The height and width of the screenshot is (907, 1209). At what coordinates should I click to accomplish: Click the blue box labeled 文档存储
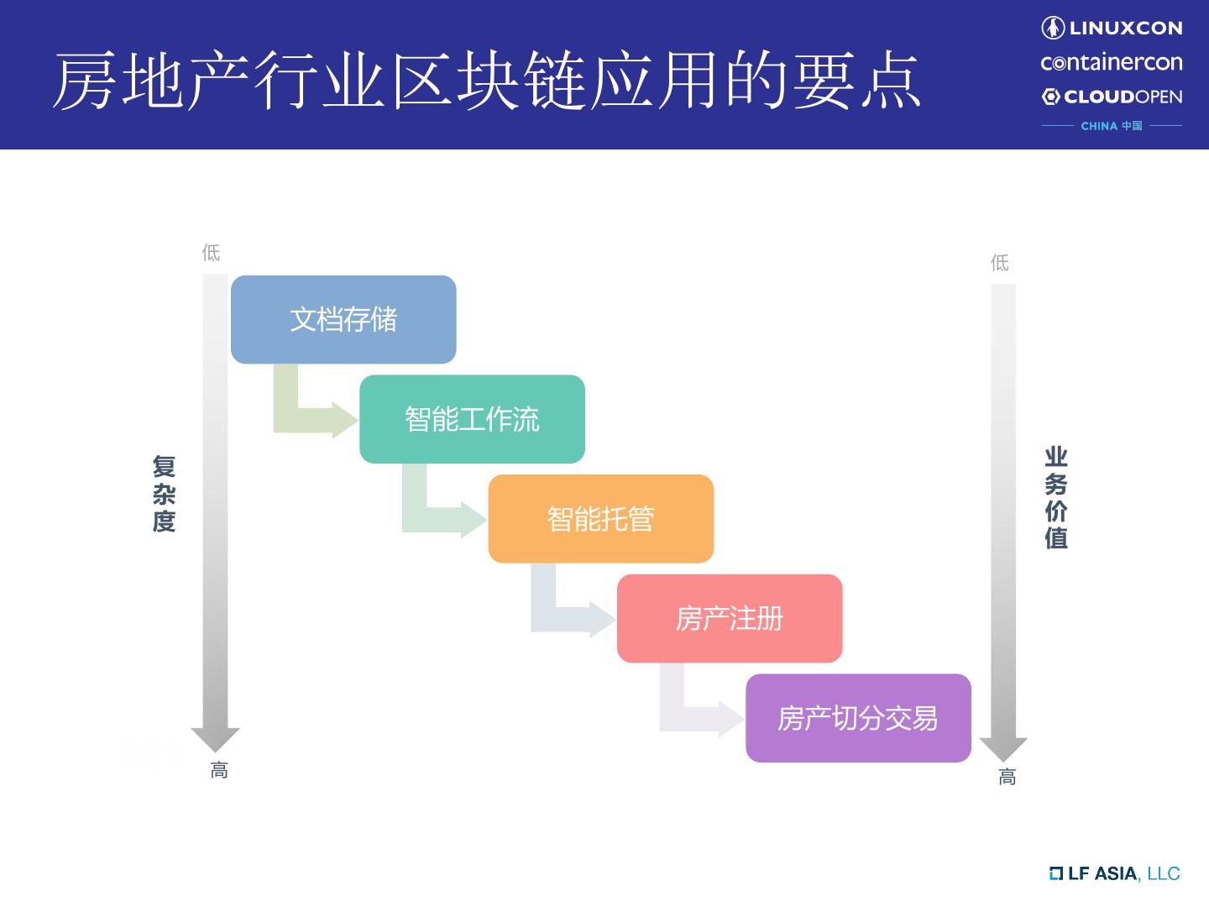point(343,319)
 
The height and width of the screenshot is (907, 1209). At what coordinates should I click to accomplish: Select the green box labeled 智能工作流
point(472,419)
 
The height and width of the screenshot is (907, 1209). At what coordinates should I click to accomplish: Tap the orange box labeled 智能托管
point(600,519)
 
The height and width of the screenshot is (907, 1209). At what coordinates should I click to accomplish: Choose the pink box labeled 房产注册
point(729,619)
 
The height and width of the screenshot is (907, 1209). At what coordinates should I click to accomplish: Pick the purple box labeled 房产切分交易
point(858,718)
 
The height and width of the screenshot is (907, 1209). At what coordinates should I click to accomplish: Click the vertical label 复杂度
point(164,494)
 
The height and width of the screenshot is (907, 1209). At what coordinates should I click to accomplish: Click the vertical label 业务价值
point(1056,498)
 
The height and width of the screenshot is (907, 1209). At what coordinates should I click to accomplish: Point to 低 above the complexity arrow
point(211,252)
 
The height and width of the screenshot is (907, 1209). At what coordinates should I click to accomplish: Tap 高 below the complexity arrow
point(219,770)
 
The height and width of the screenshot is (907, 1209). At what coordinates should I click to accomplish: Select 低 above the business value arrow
point(999,263)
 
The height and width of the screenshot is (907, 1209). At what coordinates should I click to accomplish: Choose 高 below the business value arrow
point(1007,777)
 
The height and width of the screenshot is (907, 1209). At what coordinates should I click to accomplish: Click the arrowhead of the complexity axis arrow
point(216,738)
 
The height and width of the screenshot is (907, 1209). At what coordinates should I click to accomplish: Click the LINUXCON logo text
point(1112,28)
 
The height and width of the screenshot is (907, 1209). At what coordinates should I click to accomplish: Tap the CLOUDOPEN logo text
point(1112,97)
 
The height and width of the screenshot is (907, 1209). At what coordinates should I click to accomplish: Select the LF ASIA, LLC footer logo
point(1114,873)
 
